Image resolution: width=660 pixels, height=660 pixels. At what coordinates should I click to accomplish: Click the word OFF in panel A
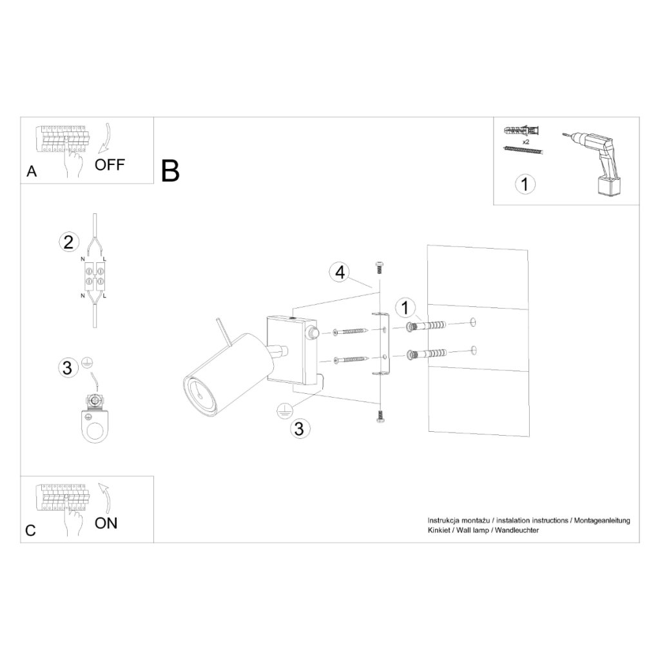pyautogui.click(x=110, y=164)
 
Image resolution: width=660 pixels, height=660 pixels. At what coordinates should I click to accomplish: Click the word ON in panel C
pyautogui.click(x=106, y=523)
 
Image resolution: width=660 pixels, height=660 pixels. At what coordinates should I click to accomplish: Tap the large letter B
pyautogui.click(x=170, y=171)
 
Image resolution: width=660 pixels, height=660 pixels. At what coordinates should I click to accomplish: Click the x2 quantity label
pyautogui.click(x=526, y=142)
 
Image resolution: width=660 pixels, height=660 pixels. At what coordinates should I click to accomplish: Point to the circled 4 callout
pyautogui.click(x=340, y=273)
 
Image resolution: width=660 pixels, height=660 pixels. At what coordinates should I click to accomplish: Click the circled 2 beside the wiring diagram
pyautogui.click(x=68, y=242)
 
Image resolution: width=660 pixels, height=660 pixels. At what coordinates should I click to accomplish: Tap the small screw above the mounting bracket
pyautogui.click(x=379, y=267)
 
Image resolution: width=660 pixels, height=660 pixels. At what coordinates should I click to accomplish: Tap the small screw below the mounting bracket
pyautogui.click(x=379, y=416)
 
